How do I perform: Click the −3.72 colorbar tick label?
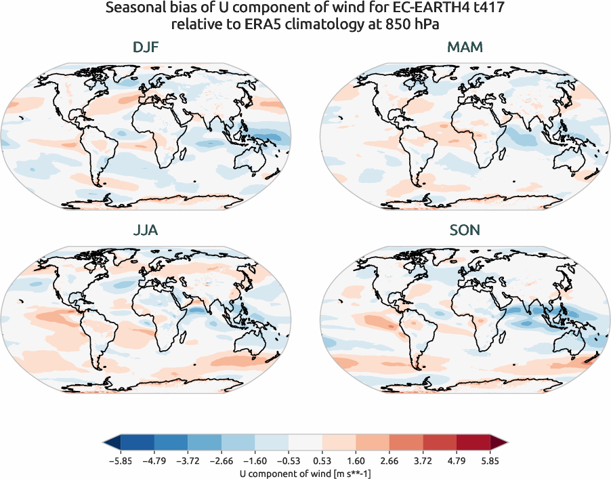pyautogui.click(x=188, y=461)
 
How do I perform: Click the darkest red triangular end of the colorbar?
pyautogui.click(x=499, y=442)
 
